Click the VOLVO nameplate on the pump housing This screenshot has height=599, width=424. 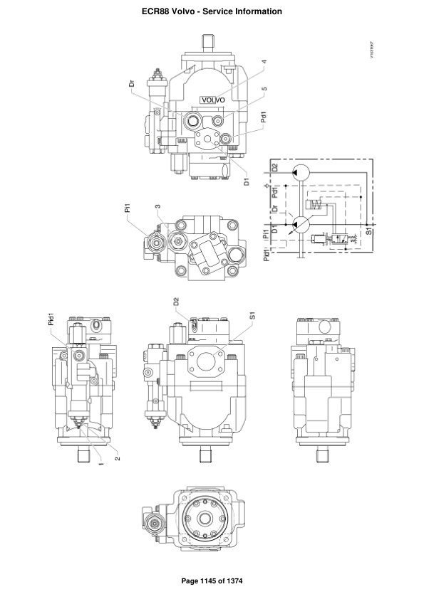[212, 100]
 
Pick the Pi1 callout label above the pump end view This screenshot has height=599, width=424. [128, 208]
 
